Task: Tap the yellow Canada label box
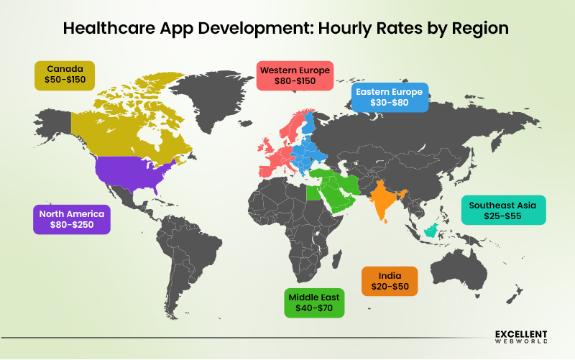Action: pyautogui.click(x=65, y=75)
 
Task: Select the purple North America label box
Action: pyautogui.click(x=72, y=219)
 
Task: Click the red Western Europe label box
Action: pyautogui.click(x=295, y=75)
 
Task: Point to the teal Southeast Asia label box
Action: pyautogui.click(x=502, y=210)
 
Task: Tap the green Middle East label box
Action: pyautogui.click(x=315, y=302)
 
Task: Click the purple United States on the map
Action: pyautogui.click(x=133, y=172)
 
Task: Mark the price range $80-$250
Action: pyautogui.click(x=72, y=226)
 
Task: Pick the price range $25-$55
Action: pyautogui.click(x=502, y=216)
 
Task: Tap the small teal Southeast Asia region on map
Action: pyautogui.click(x=431, y=229)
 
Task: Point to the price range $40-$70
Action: pyautogui.click(x=315, y=308)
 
